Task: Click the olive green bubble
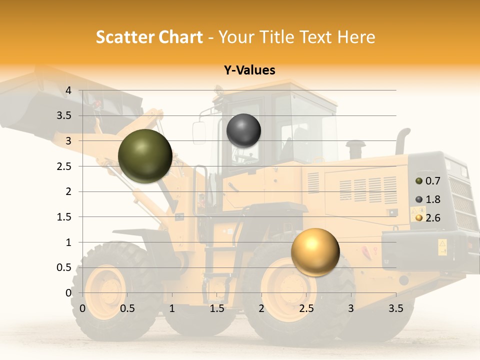tap(145, 156)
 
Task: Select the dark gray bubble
tap(243, 130)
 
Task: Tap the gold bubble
tap(315, 252)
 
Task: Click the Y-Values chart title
tap(249, 70)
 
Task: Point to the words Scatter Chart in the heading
tap(149, 37)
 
